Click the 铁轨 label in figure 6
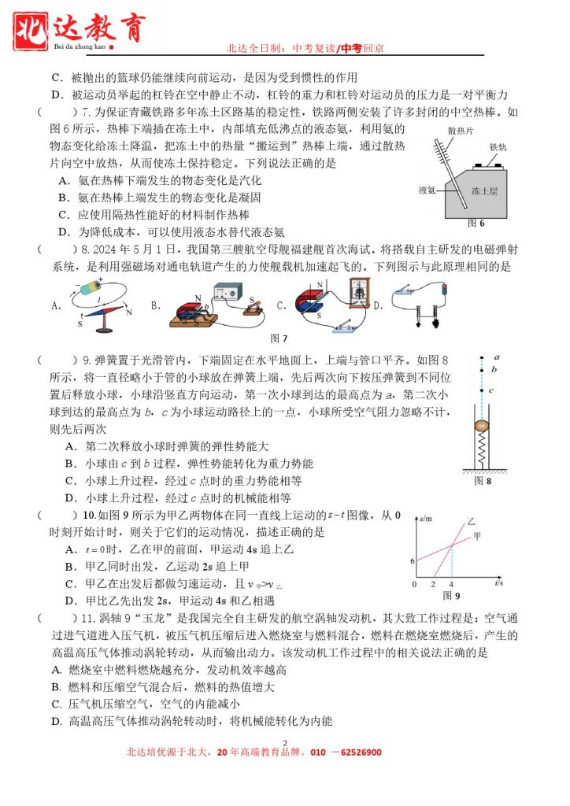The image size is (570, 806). tap(498, 147)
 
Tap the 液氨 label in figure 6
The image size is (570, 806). tap(427, 190)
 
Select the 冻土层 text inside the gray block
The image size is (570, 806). tap(483, 190)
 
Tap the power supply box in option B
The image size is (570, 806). tap(211, 294)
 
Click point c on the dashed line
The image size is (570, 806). tap(482, 390)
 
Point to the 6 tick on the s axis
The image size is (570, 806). tap(412, 560)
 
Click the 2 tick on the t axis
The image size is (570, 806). tap(434, 586)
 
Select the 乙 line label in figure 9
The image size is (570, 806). tap(471, 522)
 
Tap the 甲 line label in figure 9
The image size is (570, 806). tap(477, 537)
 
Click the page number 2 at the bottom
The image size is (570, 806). tap(285, 742)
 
